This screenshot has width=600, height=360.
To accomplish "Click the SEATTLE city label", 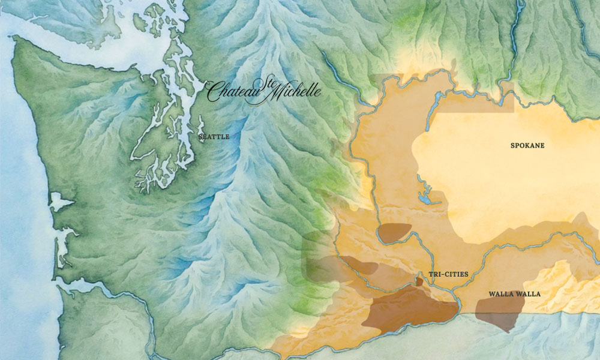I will pos(214,137).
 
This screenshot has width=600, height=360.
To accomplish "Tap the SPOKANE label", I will pos(527,145).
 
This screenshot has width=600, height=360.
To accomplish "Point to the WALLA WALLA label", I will pos(514,294).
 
